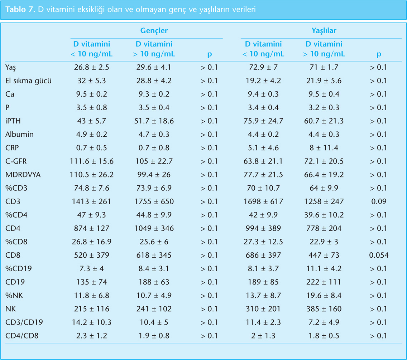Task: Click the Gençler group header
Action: click(154, 31)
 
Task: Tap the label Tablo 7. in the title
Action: click(19, 10)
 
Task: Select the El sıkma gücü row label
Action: click(29, 81)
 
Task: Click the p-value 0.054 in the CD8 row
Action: click(379, 256)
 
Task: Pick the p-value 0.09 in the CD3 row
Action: click(379, 202)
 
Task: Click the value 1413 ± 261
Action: click(91, 202)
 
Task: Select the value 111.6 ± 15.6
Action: click(91, 161)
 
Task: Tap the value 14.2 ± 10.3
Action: click(91, 322)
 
